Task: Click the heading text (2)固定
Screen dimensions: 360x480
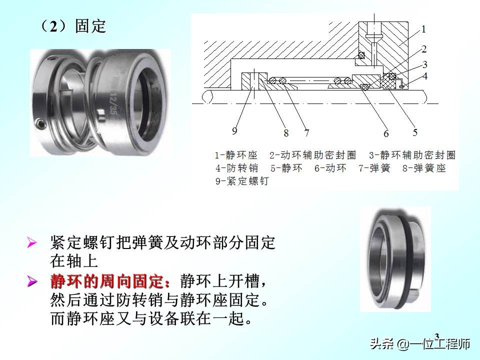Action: point(73,26)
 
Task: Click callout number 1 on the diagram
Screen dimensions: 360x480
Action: point(423,29)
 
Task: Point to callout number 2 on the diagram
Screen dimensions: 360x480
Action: point(423,49)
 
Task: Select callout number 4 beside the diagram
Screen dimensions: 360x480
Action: point(424,76)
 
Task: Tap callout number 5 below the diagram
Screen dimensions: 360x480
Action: point(415,132)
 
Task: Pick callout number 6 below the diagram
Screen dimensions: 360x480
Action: point(386,133)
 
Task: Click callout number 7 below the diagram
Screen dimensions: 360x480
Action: point(306,133)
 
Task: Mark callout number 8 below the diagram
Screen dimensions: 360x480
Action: point(286,133)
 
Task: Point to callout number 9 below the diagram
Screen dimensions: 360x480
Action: point(234,131)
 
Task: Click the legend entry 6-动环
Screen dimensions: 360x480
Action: point(330,168)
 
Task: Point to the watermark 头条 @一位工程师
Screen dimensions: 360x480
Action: point(420,344)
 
